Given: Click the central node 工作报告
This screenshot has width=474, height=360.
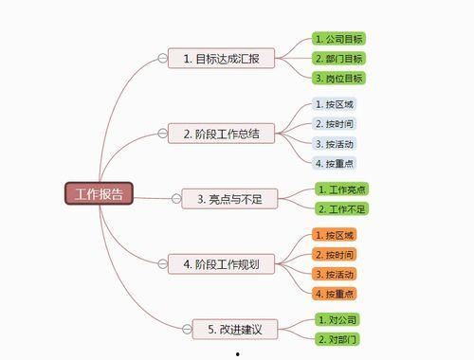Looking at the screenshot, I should coord(99,194).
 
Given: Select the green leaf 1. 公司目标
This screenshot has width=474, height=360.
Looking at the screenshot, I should coord(339,39).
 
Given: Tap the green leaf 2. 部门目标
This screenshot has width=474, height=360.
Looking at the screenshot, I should coord(339,59).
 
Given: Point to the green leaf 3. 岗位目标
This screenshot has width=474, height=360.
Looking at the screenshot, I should coord(339,78).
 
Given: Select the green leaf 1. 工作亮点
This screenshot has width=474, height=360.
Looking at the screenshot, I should coord(342,189).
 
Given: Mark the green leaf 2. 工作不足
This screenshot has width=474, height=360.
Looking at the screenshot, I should coord(342,208).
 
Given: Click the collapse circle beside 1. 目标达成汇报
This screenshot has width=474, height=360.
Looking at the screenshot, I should coord(162,60).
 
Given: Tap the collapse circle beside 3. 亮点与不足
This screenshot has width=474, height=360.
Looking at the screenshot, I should coord(175,198).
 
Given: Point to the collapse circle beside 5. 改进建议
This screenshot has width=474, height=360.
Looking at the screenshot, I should coord(185,330).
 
